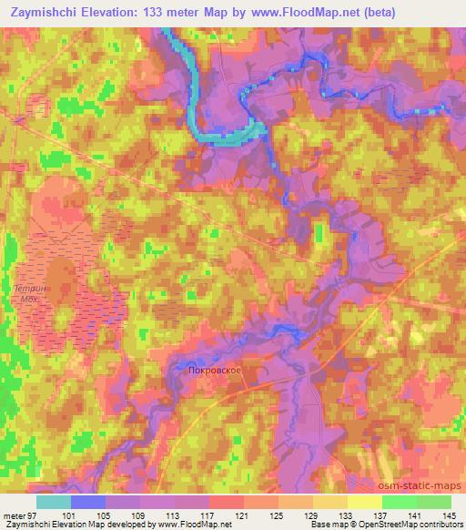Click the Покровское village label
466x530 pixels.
212,372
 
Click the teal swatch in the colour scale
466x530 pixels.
53,502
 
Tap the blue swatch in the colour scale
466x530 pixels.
87,502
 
